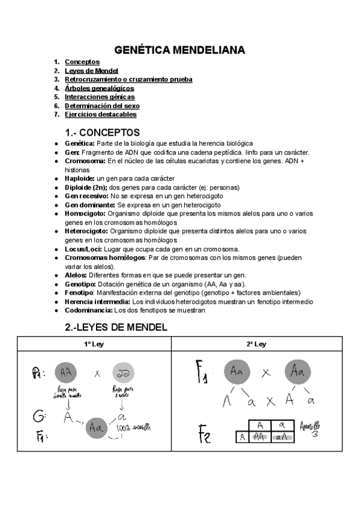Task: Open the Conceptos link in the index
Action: pos(82,62)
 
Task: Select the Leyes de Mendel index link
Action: pos(91,71)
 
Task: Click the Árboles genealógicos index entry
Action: pos(99,88)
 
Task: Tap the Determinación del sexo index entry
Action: pos(102,106)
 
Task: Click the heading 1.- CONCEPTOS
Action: pos(102,132)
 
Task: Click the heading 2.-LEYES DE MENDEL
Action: pos(116,328)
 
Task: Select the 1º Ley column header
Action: pos(94,344)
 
